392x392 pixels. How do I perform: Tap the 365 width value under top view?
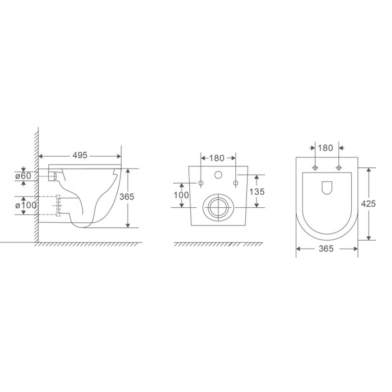click(326, 249)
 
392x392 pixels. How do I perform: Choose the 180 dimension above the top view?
click(325, 148)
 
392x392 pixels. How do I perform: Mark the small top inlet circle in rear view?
click(217, 174)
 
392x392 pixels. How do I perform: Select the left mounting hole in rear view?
click(200, 183)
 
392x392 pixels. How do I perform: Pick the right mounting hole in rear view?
click(235, 183)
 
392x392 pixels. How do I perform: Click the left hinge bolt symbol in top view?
click(316, 168)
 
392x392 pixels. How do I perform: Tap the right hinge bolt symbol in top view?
click(338, 168)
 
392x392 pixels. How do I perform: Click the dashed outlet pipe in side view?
click(58, 206)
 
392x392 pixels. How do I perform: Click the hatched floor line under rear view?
click(218, 245)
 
